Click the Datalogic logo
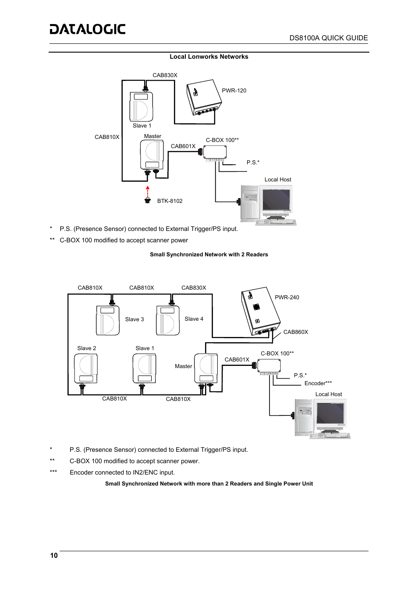point(88,29)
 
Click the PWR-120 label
point(234,91)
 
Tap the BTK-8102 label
point(170,201)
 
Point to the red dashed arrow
point(148,191)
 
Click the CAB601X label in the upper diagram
point(183,146)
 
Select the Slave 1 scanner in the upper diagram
point(141,106)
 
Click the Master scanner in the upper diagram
point(152,155)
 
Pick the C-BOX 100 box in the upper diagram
point(215,152)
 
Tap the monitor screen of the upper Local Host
point(276,200)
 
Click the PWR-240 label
point(287,298)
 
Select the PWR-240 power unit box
point(261,310)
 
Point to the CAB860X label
point(296,332)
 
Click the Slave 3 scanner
point(108,320)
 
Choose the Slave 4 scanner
point(168,320)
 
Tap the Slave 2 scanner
point(85,368)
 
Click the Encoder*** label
point(318,383)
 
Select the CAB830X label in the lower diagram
point(194,288)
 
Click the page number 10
point(54,556)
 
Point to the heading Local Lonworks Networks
point(209,57)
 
